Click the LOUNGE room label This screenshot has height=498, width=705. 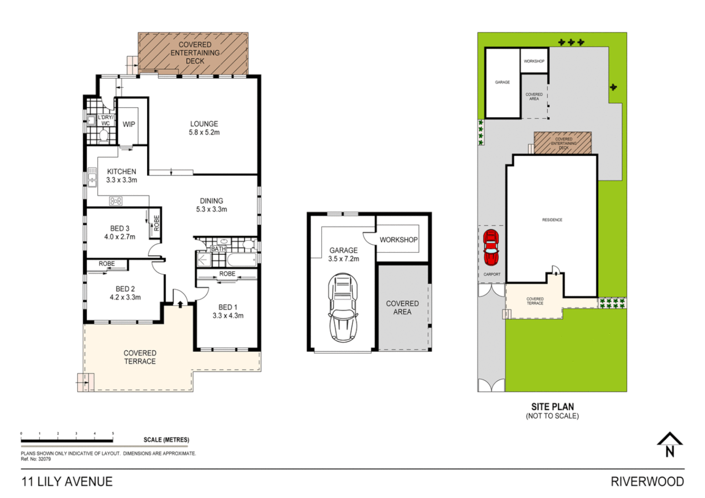point(204,124)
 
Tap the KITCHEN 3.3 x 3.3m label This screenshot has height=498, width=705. point(121,176)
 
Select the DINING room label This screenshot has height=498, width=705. point(211,201)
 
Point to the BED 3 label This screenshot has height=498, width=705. point(119,229)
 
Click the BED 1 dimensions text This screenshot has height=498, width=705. point(228,316)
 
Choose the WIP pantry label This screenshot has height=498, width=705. point(129,125)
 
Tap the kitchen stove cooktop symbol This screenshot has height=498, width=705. point(116,201)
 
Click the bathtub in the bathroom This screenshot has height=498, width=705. point(241,260)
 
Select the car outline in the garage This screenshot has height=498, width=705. point(342,308)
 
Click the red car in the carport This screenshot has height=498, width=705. point(491,248)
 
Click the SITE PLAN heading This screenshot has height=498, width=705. point(552,407)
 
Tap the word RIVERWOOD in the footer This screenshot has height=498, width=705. point(647,482)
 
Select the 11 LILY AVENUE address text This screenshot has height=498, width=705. point(67,482)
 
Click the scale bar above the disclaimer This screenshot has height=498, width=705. point(67,441)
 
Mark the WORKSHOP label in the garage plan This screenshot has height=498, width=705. point(398,240)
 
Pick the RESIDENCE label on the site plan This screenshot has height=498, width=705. point(552,220)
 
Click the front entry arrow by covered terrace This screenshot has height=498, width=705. point(180,303)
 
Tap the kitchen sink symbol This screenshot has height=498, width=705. point(92,177)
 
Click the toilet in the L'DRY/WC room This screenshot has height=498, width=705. point(104,136)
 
